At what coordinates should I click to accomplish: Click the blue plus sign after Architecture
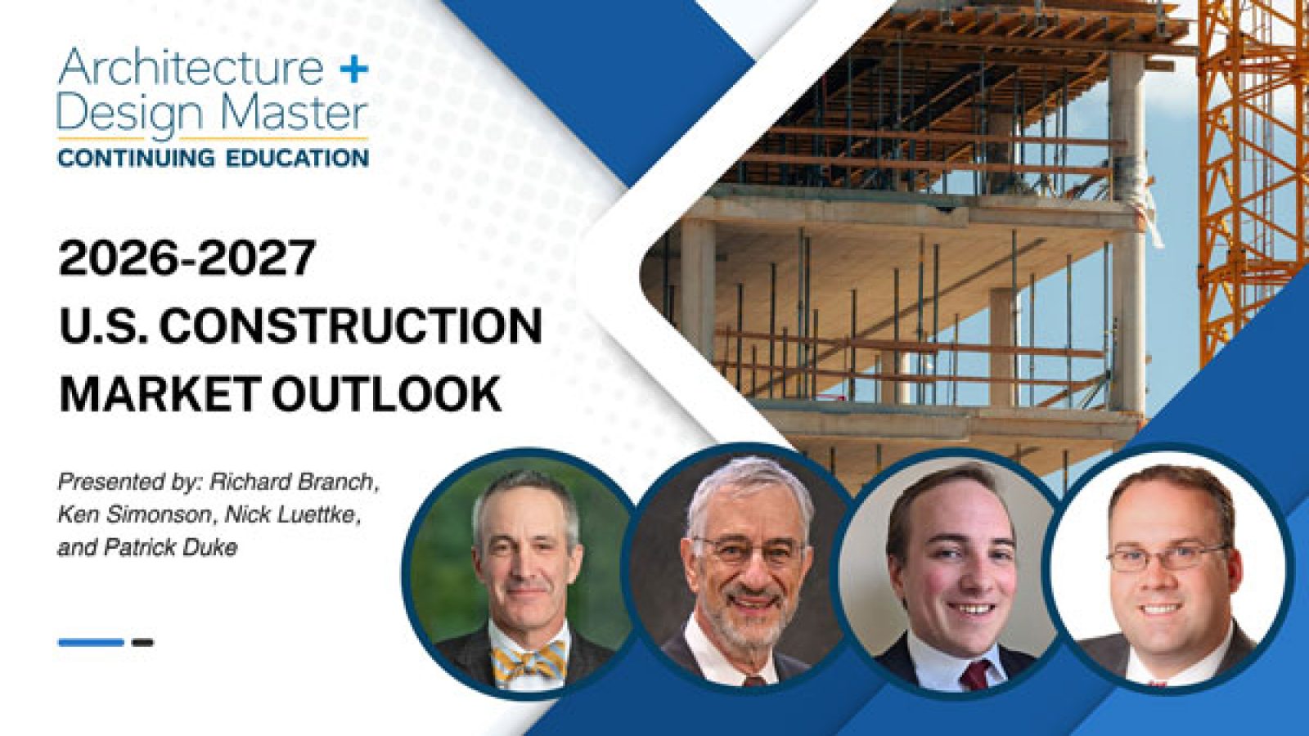tap(353, 70)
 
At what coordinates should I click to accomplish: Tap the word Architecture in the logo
tap(191, 67)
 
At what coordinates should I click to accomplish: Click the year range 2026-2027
tap(187, 258)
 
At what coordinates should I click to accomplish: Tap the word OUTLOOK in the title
tap(386, 393)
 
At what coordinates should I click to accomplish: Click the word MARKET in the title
tap(160, 393)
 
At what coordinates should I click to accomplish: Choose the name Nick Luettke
tap(291, 516)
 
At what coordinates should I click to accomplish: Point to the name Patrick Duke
tap(171, 548)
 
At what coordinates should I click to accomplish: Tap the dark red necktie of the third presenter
tap(974, 675)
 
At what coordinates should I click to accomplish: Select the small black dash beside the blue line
tap(142, 643)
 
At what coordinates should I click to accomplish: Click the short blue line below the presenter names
tap(91, 643)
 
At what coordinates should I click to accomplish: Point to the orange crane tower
tap(1251, 175)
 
